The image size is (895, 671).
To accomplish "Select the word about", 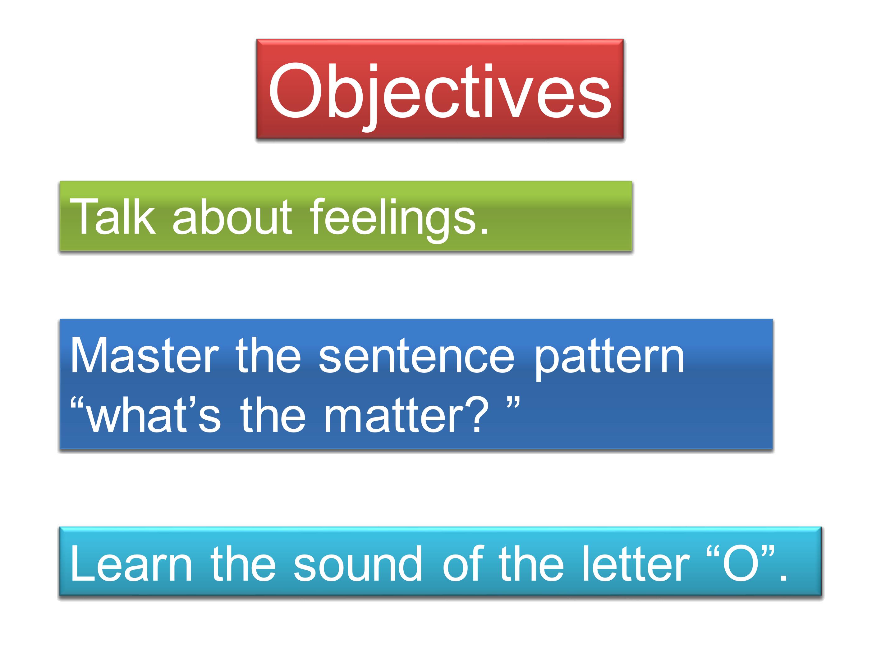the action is pyautogui.click(x=232, y=217).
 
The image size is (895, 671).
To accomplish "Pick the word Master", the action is pyautogui.click(x=145, y=355).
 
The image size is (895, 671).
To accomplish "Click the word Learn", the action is pyautogui.click(x=131, y=564).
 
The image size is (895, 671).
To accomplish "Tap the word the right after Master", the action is pyautogui.click(x=268, y=355).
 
